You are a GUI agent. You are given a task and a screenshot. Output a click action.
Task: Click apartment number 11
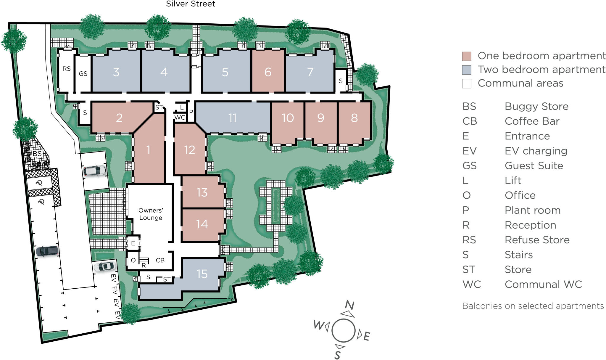[233, 118]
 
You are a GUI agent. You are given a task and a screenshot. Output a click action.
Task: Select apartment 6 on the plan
[268, 72]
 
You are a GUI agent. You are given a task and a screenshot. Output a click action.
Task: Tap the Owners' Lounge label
[151, 214]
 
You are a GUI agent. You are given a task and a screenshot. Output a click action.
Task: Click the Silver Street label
[191, 4]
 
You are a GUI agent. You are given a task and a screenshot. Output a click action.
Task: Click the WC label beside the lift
[180, 118]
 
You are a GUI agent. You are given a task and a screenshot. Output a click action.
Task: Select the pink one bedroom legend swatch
[467, 56]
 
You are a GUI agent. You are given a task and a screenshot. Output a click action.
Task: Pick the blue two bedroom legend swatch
[467, 70]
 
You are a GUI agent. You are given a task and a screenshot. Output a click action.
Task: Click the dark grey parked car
[47, 251]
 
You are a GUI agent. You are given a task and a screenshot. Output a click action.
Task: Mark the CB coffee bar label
[160, 260]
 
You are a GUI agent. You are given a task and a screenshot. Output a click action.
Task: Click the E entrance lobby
[133, 243]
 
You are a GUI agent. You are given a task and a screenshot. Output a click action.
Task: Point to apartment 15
[202, 274]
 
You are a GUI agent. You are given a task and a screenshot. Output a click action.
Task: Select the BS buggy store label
[37, 154]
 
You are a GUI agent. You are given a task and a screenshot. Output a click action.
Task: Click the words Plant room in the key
[532, 210]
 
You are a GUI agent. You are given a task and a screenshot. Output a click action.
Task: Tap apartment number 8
[354, 118]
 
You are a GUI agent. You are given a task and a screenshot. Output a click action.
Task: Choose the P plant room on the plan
[191, 112]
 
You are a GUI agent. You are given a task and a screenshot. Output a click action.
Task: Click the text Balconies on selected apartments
[533, 306]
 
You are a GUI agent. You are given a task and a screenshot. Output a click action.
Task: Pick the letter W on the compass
[318, 325]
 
